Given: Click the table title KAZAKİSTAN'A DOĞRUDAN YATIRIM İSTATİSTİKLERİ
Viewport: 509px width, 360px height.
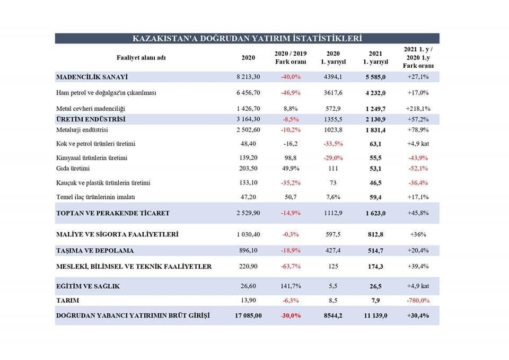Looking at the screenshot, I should pos(247,38).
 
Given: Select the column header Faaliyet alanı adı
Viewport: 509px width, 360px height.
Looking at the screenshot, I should pos(141,57).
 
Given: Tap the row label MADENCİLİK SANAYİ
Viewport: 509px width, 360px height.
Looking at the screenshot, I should pos(92,77).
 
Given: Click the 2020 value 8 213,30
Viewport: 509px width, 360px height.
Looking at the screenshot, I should pos(248,77).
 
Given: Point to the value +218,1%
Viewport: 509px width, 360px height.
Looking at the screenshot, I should pos(418,108).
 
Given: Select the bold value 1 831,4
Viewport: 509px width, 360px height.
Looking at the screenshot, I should pos(376,129).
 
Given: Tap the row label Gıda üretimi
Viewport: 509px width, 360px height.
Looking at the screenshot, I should pos(73,169).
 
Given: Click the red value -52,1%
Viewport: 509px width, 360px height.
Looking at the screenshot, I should pos(418,169).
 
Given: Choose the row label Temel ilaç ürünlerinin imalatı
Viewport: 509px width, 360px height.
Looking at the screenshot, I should pos(95,197).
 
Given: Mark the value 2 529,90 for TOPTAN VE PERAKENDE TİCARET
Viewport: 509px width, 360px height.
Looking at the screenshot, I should pos(248,213).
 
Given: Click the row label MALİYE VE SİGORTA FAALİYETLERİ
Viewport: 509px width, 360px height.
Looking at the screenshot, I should pos(117,234).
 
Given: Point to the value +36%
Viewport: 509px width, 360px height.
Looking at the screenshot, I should pos(418,234).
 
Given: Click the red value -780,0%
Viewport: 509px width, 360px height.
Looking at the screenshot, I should pos(418,301).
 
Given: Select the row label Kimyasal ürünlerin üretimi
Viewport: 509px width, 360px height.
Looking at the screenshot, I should pos(91,158).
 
